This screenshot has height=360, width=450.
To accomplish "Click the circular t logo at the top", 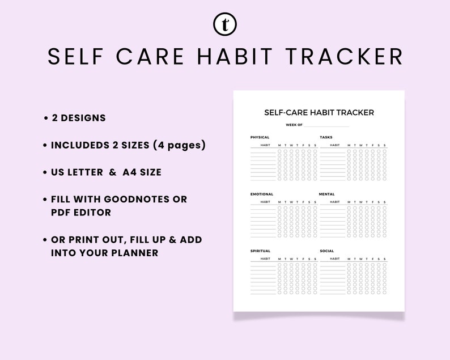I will (x=225, y=24).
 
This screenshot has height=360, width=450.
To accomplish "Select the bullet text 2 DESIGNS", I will (x=79, y=118).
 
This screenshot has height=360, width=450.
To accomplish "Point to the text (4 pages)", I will (x=179, y=145).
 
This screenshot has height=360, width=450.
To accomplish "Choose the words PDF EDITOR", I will (x=81, y=213).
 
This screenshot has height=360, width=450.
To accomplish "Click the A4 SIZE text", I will (x=142, y=172).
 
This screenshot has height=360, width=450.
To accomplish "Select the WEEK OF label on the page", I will (x=294, y=125).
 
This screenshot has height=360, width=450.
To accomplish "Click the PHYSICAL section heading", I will (x=260, y=137).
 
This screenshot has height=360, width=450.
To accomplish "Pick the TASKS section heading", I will (x=326, y=137).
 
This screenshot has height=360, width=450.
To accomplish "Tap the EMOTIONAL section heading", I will (x=262, y=194).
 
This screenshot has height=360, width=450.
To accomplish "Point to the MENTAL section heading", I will (x=327, y=194).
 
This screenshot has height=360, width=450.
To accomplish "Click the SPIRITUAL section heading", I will (x=261, y=251).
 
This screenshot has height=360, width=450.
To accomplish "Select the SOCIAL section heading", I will (x=326, y=251).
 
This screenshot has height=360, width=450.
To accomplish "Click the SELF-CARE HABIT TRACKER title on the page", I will (x=319, y=112).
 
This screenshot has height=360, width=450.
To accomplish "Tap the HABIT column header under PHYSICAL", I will (x=265, y=145).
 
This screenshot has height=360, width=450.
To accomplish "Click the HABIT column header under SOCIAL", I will (x=334, y=259).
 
